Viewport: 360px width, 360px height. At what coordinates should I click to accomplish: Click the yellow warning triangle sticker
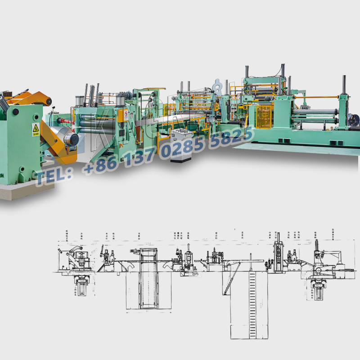(x=36, y=129)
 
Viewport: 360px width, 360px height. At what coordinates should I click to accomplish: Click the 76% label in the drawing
(x=194, y=273)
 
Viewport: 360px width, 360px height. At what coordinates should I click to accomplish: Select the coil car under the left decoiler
(x=81, y=286)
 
